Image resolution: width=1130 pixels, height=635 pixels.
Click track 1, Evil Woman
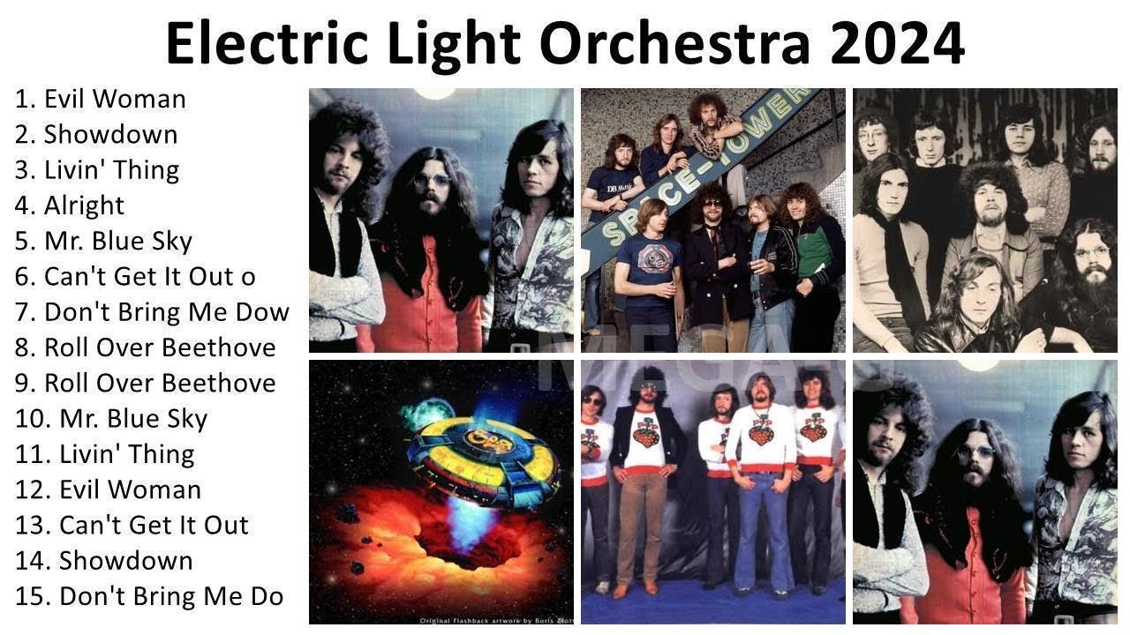click(x=101, y=99)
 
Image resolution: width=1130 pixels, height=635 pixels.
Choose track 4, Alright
click(x=70, y=205)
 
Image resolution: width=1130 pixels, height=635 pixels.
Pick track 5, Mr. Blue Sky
click(x=103, y=241)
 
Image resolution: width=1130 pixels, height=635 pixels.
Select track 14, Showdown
click(x=104, y=560)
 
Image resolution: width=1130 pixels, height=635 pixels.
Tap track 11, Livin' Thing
click(x=105, y=454)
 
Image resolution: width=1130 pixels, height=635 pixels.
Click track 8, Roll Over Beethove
click(x=145, y=347)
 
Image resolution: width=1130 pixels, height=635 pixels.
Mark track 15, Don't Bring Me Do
click(x=149, y=596)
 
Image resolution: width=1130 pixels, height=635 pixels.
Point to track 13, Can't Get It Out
click(x=132, y=525)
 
